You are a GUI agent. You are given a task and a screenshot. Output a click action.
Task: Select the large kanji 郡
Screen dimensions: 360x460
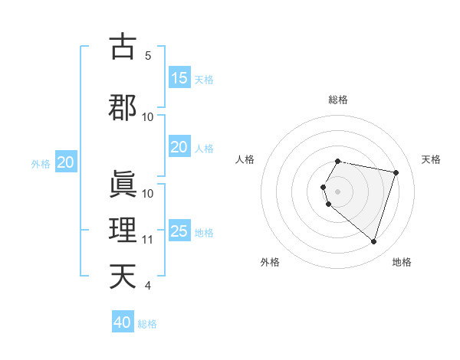tap(123, 106)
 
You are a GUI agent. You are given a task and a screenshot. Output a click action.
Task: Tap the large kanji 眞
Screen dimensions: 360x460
tap(123, 182)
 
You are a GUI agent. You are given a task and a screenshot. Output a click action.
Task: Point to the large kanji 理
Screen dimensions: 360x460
tap(123, 229)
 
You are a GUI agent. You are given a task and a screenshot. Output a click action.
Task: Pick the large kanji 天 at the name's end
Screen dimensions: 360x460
tap(123, 276)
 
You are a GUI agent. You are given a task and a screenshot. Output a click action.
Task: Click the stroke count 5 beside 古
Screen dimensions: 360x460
tap(148, 55)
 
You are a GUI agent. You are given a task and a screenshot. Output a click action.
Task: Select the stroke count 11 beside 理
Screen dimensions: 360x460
tap(148, 240)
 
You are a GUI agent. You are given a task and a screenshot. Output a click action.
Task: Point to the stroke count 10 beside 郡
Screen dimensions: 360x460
tap(148, 117)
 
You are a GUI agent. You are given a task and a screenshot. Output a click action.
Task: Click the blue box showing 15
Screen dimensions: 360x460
tap(179, 78)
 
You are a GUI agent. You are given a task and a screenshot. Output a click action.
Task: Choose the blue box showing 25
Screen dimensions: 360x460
tap(179, 231)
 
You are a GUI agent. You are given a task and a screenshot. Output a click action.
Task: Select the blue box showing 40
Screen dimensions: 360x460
tap(123, 322)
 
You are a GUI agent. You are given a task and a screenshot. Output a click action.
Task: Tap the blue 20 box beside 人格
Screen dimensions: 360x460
tap(179, 147)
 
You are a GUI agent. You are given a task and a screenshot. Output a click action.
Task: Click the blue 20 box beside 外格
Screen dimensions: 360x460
tap(65, 162)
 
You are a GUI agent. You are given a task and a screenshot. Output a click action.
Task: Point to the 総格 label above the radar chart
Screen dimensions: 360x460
tap(338, 100)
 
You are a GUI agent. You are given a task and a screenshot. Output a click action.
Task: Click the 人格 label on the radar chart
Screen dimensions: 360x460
tap(245, 159)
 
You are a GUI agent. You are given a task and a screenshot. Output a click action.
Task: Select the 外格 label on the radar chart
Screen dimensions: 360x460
tap(270, 262)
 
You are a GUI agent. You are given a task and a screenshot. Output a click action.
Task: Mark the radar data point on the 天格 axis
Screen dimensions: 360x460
tap(396, 173)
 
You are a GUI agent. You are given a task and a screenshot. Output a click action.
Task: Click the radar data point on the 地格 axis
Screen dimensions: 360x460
tap(373, 242)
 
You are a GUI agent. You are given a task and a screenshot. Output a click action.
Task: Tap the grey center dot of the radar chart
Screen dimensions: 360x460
tap(338, 191)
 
